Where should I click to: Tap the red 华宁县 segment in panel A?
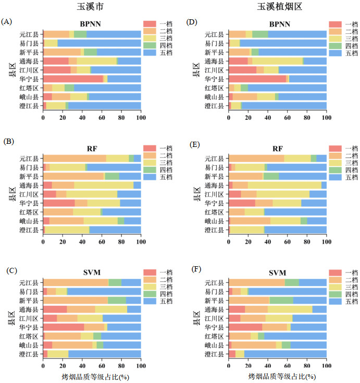click(x=73, y=79)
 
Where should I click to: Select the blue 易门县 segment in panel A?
click(x=99, y=43)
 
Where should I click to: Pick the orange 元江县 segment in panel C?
click(x=76, y=282)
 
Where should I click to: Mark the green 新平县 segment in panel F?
click(x=281, y=301)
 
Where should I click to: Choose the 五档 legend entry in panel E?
click(x=344, y=178)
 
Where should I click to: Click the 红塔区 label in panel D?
click(x=215, y=88)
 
